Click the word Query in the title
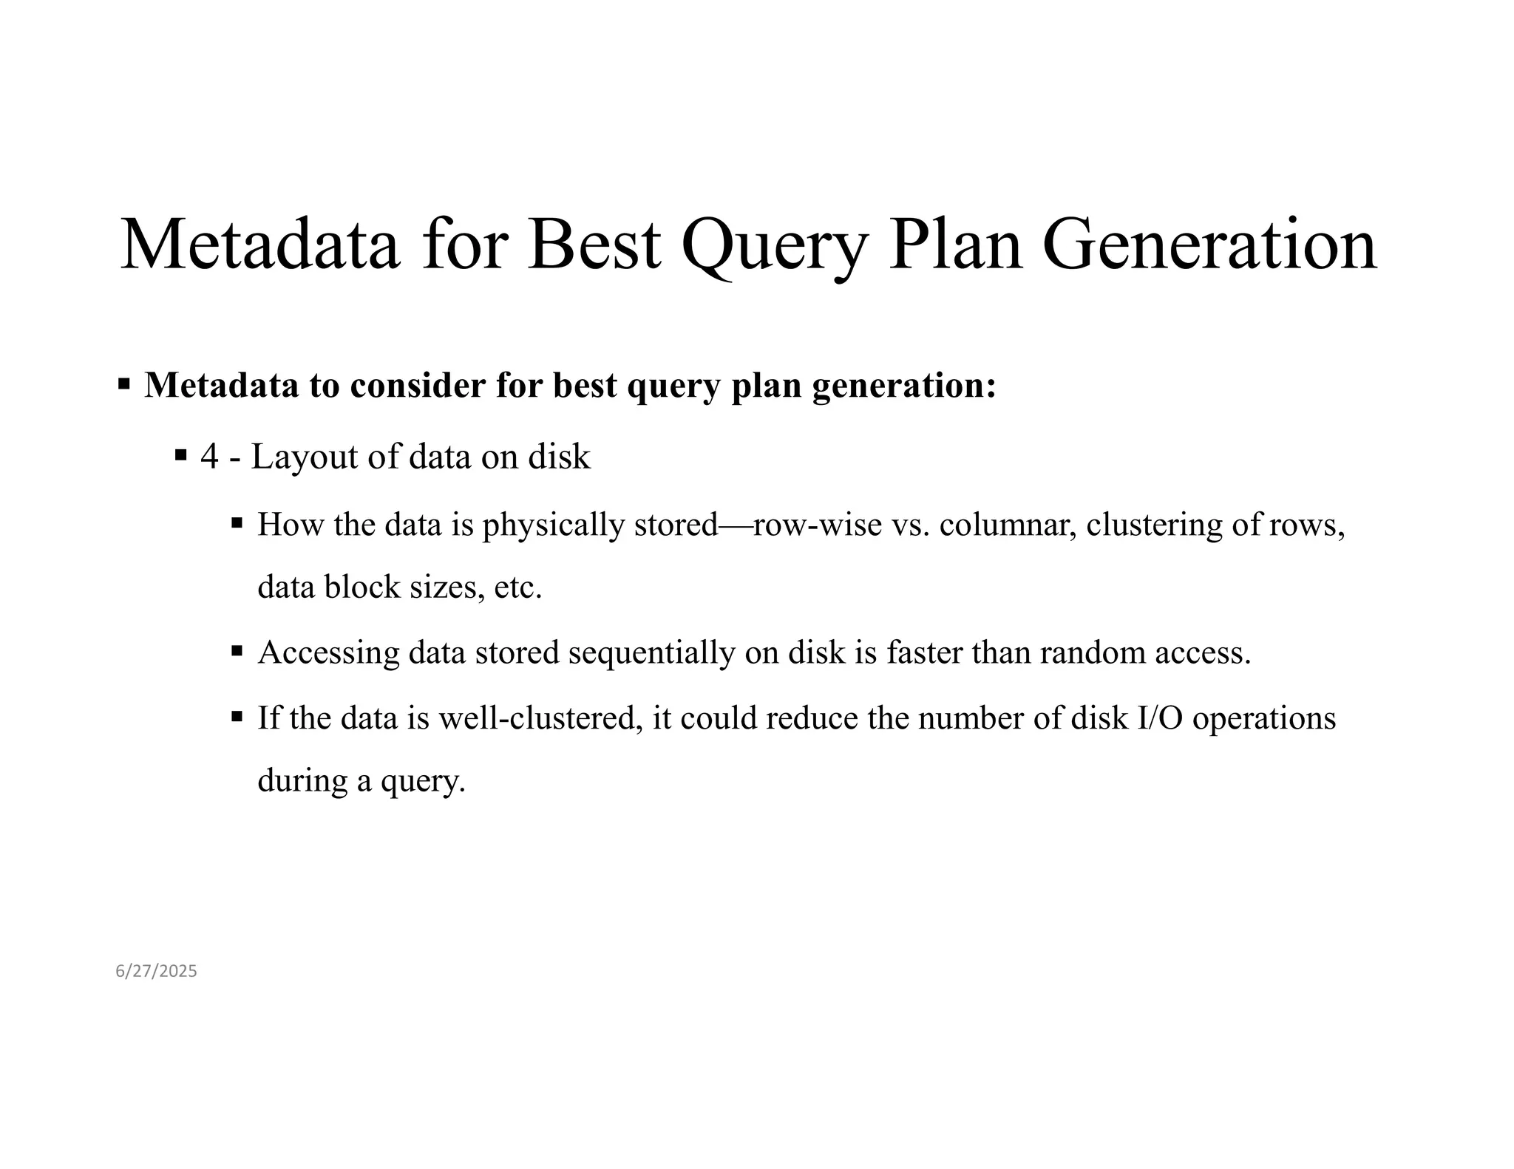click(x=773, y=245)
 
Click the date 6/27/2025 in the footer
click(x=156, y=971)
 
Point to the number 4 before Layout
click(x=209, y=457)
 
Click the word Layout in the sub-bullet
click(x=304, y=457)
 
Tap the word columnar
click(x=1008, y=525)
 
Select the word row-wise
click(x=818, y=525)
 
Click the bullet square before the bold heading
click(x=124, y=384)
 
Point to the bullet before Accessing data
click(x=237, y=652)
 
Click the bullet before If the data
click(x=237, y=716)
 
